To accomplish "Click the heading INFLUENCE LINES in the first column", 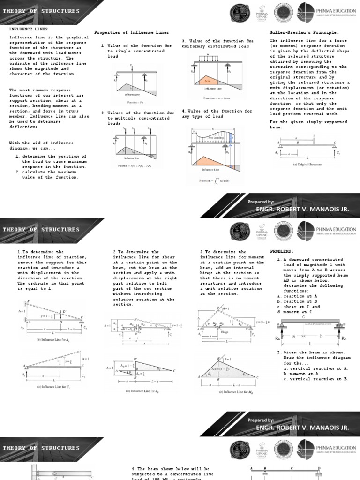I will [23, 29].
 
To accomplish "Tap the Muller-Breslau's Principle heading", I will [296, 32].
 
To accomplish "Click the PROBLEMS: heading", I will [282, 252].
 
